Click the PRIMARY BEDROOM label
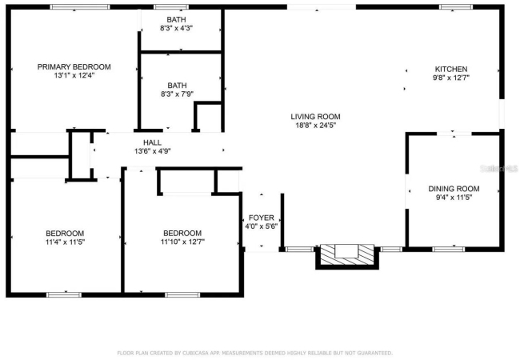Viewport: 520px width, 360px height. point(74,66)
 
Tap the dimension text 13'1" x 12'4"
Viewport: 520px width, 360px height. point(74,75)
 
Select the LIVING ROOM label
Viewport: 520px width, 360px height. point(315,117)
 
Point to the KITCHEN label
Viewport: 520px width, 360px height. point(451,69)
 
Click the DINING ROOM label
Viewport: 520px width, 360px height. point(454,189)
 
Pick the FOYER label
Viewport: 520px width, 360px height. point(262,218)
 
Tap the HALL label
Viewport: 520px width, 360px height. point(152,142)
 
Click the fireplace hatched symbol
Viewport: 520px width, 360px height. point(347,254)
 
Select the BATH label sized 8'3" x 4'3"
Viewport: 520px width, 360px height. point(177,19)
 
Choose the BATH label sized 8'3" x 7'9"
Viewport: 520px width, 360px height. point(177,85)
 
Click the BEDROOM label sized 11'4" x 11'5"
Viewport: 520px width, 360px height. point(65,233)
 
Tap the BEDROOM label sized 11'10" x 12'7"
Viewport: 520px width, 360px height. point(182,233)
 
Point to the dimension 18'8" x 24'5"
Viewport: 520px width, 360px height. point(316,126)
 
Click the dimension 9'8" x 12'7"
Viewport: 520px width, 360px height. point(451,78)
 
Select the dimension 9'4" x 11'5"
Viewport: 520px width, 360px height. point(454,198)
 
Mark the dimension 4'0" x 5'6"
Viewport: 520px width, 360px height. point(262,226)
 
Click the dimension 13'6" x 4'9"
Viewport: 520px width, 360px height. point(152,151)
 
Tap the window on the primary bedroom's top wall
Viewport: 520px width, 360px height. point(79,7)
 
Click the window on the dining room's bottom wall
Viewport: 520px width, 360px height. point(448,250)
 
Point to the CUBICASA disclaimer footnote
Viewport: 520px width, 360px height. point(254,353)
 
